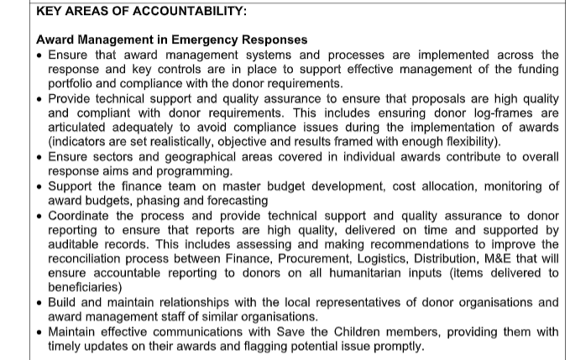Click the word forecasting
[x=239, y=200]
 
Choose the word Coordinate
[x=81, y=214]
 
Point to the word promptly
[x=393, y=346]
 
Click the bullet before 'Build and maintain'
[x=41, y=302]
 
